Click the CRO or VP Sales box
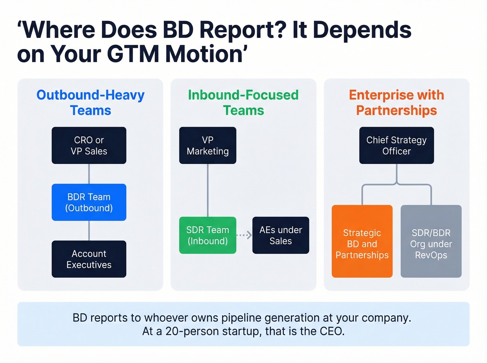click(x=89, y=145)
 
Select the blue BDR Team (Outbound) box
click(x=89, y=202)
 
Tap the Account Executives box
click(x=89, y=259)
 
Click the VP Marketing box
click(x=208, y=145)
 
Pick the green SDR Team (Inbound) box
click(x=208, y=235)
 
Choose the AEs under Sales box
click(x=281, y=235)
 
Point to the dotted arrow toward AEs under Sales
click(x=244, y=235)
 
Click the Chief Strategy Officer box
click(x=397, y=145)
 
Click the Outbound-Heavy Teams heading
click(x=90, y=102)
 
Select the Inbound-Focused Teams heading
click(x=243, y=102)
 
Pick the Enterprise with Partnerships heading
click(x=397, y=102)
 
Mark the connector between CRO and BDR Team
click(x=89, y=174)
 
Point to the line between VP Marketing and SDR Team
click(x=208, y=190)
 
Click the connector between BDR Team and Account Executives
click(x=89, y=230)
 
